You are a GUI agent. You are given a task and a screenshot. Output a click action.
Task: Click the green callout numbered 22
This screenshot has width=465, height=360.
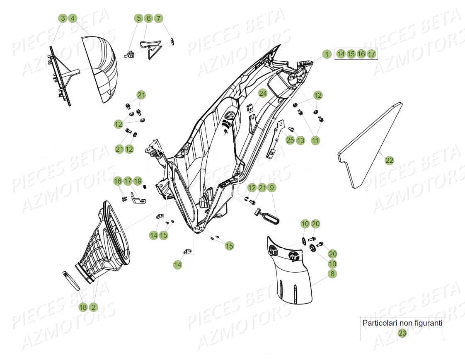[x=389, y=160]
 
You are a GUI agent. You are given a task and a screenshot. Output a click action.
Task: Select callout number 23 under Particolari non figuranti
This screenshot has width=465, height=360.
[x=402, y=333]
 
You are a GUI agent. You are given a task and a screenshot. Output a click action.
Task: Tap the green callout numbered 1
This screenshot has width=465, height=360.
[x=327, y=54]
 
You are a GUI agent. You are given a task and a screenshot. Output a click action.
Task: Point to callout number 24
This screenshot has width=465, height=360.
[x=263, y=93]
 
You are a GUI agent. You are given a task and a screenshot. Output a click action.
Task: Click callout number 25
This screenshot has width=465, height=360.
[x=290, y=140]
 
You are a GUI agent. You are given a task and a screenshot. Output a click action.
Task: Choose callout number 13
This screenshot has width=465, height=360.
[x=300, y=140]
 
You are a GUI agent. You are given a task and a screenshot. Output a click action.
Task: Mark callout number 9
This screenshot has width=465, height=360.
[x=272, y=188]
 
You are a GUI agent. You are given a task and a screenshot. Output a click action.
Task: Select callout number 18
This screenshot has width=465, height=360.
[x=83, y=307]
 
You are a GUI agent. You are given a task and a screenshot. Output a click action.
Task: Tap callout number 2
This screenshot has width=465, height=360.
[x=93, y=307]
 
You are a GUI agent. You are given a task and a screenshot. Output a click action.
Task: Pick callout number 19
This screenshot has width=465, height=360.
[x=138, y=181]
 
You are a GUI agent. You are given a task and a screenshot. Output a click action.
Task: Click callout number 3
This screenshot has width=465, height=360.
[x=62, y=18]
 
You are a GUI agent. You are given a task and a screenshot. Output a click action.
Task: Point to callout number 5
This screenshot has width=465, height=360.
[x=138, y=18]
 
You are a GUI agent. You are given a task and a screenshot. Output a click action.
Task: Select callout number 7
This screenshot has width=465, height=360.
[x=158, y=18]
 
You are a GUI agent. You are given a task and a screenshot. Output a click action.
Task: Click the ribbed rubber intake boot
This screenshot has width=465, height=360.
[x=104, y=240]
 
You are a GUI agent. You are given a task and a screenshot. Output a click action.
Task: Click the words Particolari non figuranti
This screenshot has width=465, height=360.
[x=402, y=322]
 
